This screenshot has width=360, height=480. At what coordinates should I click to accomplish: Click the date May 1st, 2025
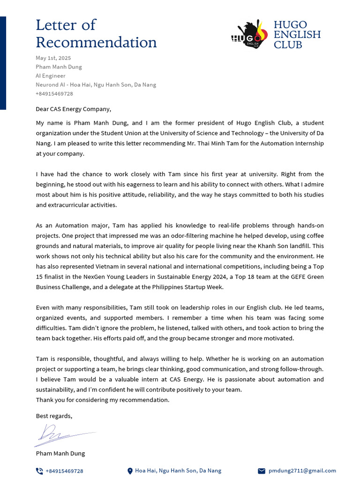coord(53,58)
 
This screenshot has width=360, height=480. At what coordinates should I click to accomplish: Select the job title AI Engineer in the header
coord(51,76)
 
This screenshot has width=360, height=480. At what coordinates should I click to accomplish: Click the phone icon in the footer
coord(39,471)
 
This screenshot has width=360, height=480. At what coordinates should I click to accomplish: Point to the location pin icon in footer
coord(130,471)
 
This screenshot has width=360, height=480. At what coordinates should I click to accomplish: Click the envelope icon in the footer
coord(262,471)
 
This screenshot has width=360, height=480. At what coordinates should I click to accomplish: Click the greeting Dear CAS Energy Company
coord(74,109)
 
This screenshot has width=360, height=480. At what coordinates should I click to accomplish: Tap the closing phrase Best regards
coord(54,416)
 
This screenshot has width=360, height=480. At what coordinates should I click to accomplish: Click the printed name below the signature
coord(60,454)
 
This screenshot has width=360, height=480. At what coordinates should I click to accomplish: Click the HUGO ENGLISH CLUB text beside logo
coord(297,35)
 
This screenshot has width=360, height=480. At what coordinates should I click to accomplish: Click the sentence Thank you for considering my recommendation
coord(103,400)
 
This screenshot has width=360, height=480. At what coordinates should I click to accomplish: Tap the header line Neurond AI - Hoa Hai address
coord(96,85)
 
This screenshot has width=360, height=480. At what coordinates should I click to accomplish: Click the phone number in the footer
coord(64,471)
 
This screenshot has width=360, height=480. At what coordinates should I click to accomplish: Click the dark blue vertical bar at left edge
coord(3,63)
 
